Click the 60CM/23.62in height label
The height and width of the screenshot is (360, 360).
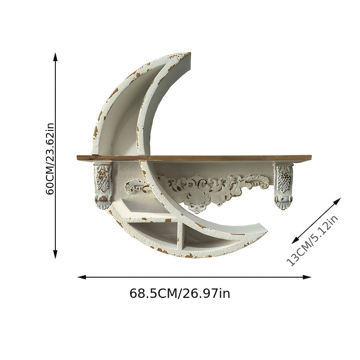(x=50, y=159)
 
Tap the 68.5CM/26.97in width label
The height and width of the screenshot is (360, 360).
(x=180, y=293)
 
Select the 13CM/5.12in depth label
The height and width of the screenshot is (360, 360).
(x=312, y=240)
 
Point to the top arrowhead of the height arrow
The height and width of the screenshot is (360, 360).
(x=55, y=57)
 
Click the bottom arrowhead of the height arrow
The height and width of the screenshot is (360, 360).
(x=55, y=254)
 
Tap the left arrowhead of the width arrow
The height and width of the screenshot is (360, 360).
(x=82, y=277)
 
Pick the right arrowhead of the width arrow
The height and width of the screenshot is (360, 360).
(x=307, y=277)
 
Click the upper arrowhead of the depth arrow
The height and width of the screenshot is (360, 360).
(x=337, y=201)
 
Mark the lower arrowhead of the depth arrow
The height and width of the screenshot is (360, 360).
(x=295, y=240)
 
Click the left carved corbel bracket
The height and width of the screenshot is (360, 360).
(x=103, y=185)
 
